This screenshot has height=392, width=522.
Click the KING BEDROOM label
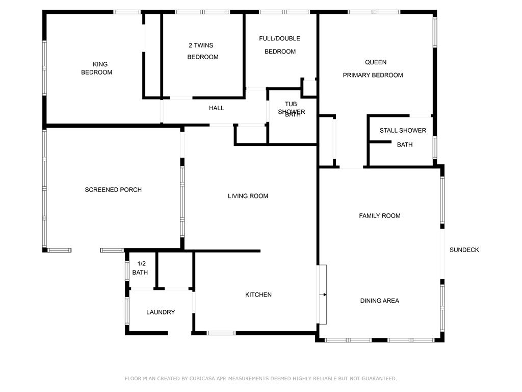[x=97, y=68]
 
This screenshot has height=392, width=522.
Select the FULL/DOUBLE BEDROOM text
[x=280, y=45]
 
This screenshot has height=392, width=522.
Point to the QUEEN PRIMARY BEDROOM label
[x=373, y=69]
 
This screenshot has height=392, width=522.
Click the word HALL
[x=216, y=108]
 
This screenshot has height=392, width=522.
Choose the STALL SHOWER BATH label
[x=403, y=137]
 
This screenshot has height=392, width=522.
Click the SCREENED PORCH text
[x=113, y=190]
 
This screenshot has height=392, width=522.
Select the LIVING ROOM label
[x=248, y=196]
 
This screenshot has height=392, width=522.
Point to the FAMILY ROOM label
[x=379, y=216]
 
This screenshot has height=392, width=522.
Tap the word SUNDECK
[x=464, y=250]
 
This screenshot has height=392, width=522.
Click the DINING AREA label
[x=379, y=301]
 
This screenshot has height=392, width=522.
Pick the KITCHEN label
[x=258, y=295]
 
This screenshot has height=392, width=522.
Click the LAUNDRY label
[x=161, y=312]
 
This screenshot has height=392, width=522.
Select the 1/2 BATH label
[x=140, y=268]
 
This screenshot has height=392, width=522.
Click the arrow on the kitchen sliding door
[x=323, y=295]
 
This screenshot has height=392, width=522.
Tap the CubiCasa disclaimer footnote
[x=260, y=378]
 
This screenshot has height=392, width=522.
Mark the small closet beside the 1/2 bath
[x=175, y=269]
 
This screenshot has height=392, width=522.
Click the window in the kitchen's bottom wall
[x=221, y=333]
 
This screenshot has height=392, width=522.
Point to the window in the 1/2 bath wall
[x=127, y=271]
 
